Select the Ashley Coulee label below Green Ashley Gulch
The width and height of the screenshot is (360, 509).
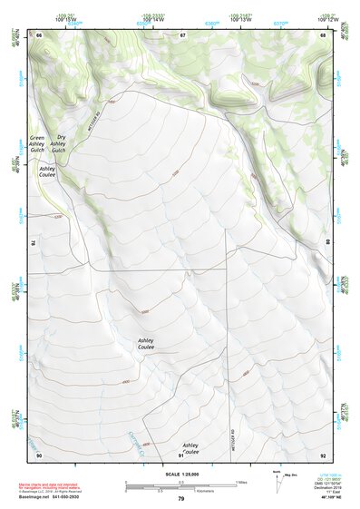pos(47,171)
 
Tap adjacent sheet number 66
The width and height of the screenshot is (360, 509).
pos(39,34)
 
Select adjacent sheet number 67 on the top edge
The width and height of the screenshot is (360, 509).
pos(182,34)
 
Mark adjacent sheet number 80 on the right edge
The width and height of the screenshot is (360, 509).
pos(326,243)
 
